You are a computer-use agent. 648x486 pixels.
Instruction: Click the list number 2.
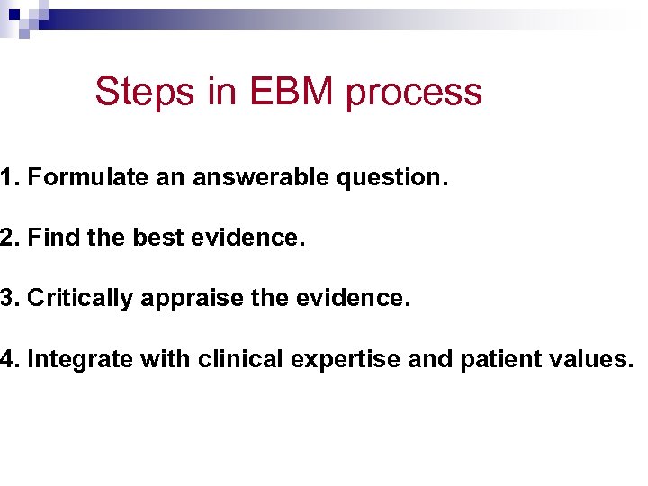(7, 238)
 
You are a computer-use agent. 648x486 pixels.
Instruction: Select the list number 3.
(7, 299)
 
